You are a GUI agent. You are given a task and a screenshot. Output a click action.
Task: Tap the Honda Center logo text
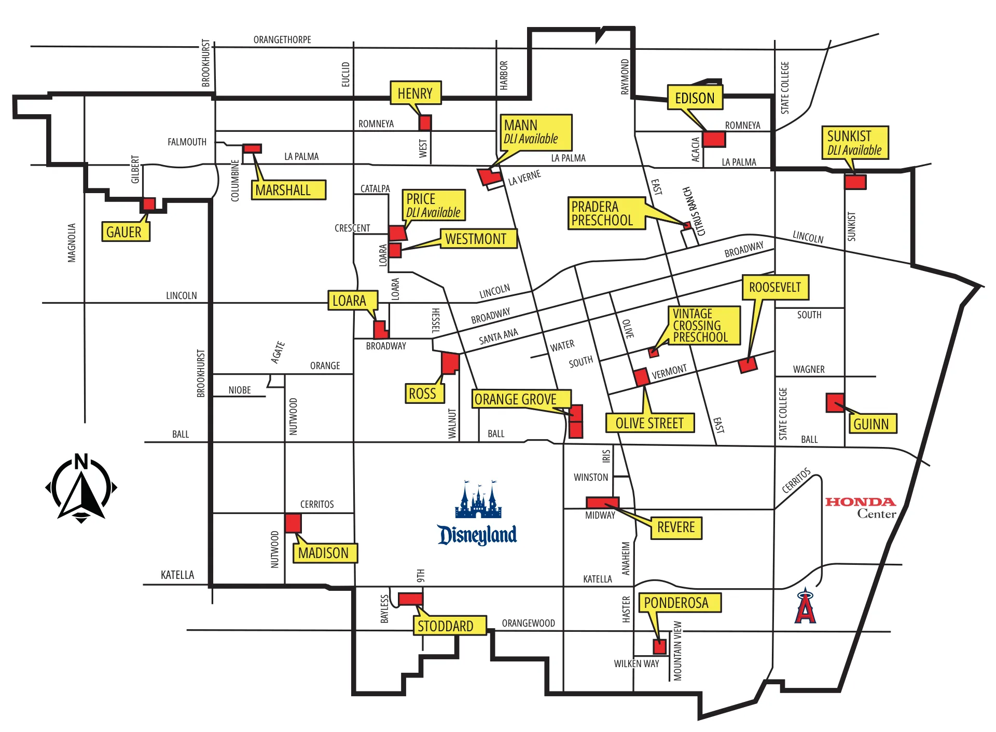pos(861,508)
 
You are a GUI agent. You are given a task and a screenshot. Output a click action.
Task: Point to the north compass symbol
pos(81,488)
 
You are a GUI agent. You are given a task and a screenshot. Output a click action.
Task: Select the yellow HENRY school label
pos(416,93)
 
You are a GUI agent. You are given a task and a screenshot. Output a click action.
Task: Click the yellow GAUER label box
pos(125,232)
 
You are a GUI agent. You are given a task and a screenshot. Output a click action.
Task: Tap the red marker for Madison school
pos(293,523)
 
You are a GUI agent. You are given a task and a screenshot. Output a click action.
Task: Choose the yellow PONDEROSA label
pos(680,603)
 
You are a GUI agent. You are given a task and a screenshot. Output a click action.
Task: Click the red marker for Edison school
pos(714,139)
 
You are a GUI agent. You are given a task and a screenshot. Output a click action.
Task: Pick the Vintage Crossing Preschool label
pos(703,326)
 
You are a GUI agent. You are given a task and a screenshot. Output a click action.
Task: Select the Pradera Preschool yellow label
pos(607,213)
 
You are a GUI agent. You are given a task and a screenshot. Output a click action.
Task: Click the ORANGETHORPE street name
pos(282,40)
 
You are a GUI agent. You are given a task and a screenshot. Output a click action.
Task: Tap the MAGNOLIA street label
pos(72,243)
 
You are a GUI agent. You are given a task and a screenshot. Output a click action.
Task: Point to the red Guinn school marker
pos(835,403)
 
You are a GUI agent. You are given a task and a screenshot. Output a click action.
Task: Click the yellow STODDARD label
pos(450,626)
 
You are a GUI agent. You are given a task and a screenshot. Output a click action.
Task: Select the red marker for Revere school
pos(602,503)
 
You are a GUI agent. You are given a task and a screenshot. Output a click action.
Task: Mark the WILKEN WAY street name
pos(637,663)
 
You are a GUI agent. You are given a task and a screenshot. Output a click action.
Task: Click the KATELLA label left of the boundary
pos(177,575)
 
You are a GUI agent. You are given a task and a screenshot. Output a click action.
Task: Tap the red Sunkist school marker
pos(855,182)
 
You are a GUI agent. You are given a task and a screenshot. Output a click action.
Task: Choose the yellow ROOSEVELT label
pos(776,287)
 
